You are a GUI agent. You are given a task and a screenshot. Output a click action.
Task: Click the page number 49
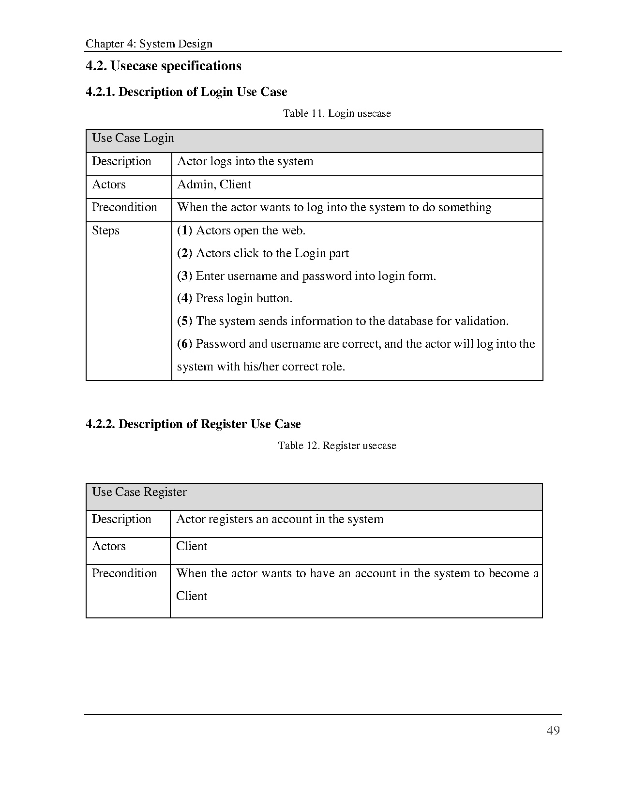553,731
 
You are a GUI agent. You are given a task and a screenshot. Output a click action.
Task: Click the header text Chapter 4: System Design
149,44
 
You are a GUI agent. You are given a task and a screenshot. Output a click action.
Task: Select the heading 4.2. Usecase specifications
164,66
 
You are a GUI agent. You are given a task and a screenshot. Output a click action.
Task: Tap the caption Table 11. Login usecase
337,113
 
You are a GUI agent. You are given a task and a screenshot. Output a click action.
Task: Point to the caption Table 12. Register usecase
337,446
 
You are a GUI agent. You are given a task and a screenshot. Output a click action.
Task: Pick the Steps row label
105,230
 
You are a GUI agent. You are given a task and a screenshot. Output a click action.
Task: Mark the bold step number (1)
184,230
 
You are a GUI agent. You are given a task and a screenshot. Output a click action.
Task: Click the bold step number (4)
184,298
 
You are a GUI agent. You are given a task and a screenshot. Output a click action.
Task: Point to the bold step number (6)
184,344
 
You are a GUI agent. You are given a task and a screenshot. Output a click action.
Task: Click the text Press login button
244,298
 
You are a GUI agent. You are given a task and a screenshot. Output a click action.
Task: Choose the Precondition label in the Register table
124,573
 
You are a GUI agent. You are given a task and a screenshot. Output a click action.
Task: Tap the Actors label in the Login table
109,185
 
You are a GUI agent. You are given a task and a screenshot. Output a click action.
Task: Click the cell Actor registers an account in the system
280,520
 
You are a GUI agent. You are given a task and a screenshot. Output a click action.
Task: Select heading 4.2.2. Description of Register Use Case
193,424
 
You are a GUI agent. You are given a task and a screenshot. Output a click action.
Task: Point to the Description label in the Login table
121,162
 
